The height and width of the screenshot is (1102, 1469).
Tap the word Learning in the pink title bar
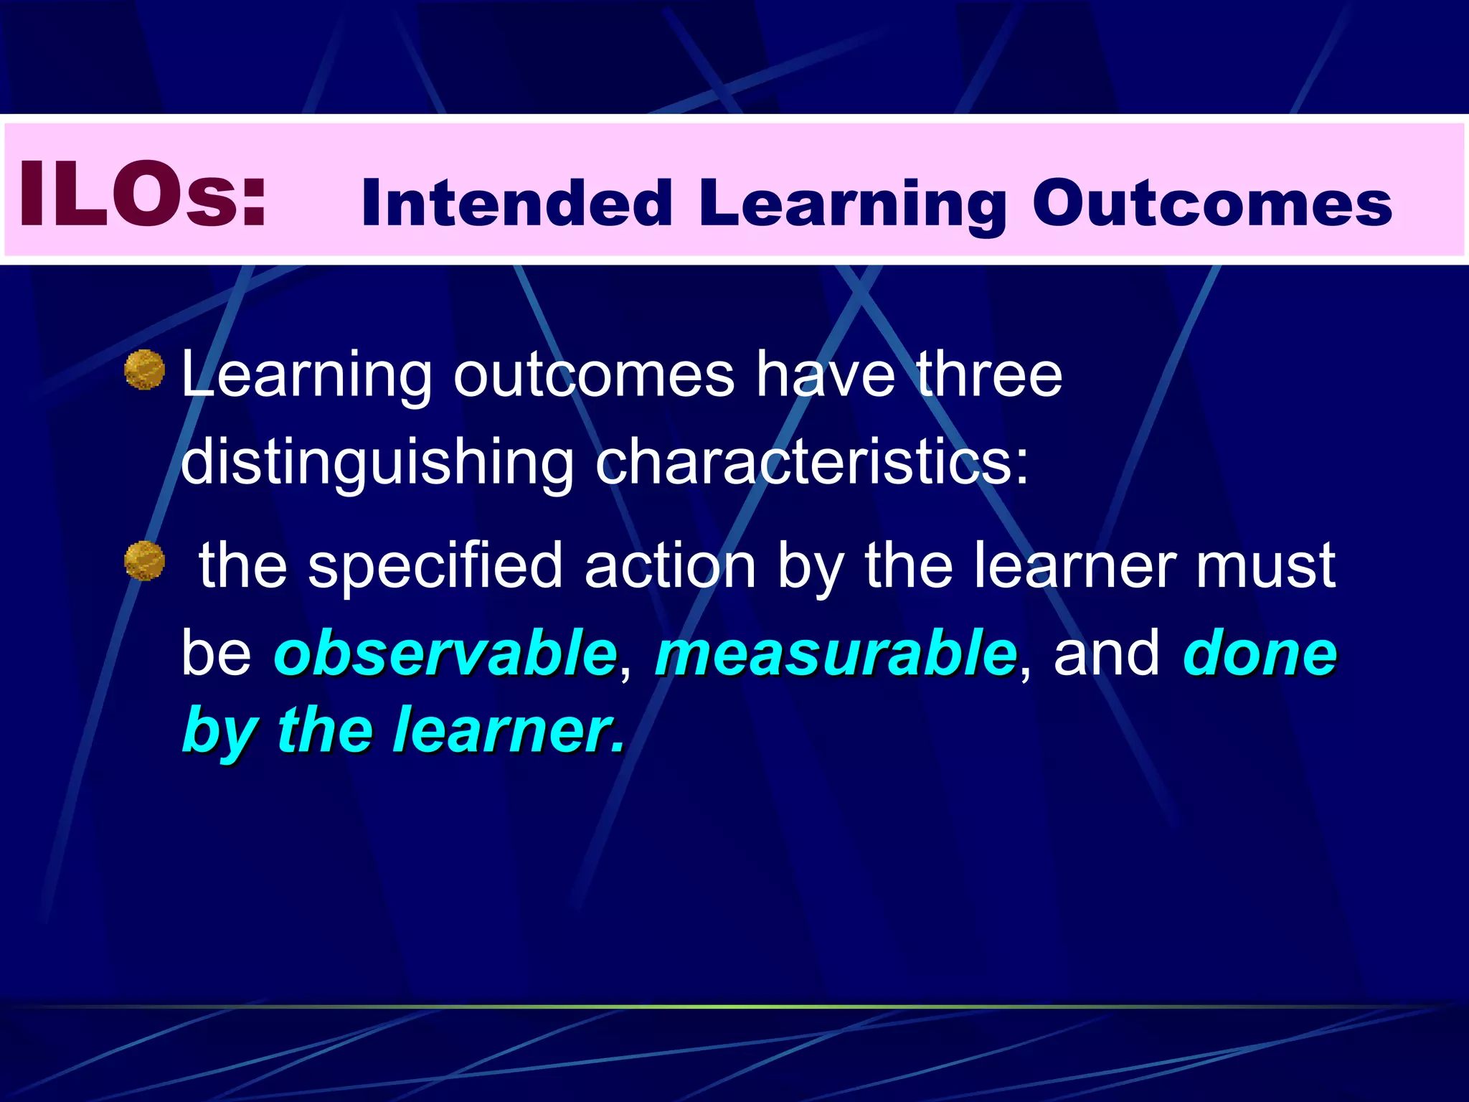point(853,204)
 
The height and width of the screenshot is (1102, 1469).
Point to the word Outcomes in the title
point(1211,203)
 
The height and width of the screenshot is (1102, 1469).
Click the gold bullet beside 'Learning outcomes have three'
point(144,370)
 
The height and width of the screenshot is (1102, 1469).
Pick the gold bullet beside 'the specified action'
point(144,561)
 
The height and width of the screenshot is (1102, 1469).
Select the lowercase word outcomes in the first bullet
point(594,376)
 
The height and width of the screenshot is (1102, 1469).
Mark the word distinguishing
point(377,463)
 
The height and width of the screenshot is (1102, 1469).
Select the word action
point(670,567)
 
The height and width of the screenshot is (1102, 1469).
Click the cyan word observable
point(445,653)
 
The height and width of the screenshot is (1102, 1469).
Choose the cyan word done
point(1260,653)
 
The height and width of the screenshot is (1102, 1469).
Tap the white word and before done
point(1105,653)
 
